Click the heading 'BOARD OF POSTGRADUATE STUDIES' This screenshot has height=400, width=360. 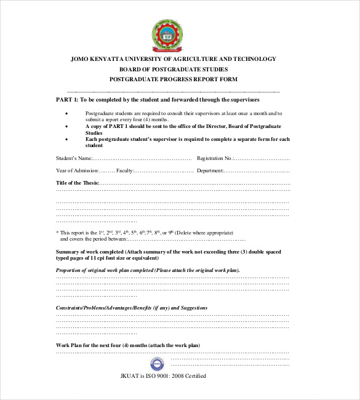click(173, 69)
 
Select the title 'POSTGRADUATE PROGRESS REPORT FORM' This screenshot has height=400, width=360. click(173, 79)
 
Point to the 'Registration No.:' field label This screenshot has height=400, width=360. click(215, 158)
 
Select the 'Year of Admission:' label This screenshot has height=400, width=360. click(77, 170)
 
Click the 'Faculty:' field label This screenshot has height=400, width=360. click(125, 170)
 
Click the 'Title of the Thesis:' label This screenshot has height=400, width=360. click(77, 183)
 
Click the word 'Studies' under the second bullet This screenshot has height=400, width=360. click(94, 132)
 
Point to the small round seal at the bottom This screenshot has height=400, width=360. click(158, 362)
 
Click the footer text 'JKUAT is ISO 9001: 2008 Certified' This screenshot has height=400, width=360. click(163, 376)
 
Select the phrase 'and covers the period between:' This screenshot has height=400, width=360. click(92, 239)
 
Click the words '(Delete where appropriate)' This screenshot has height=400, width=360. click(204, 233)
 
